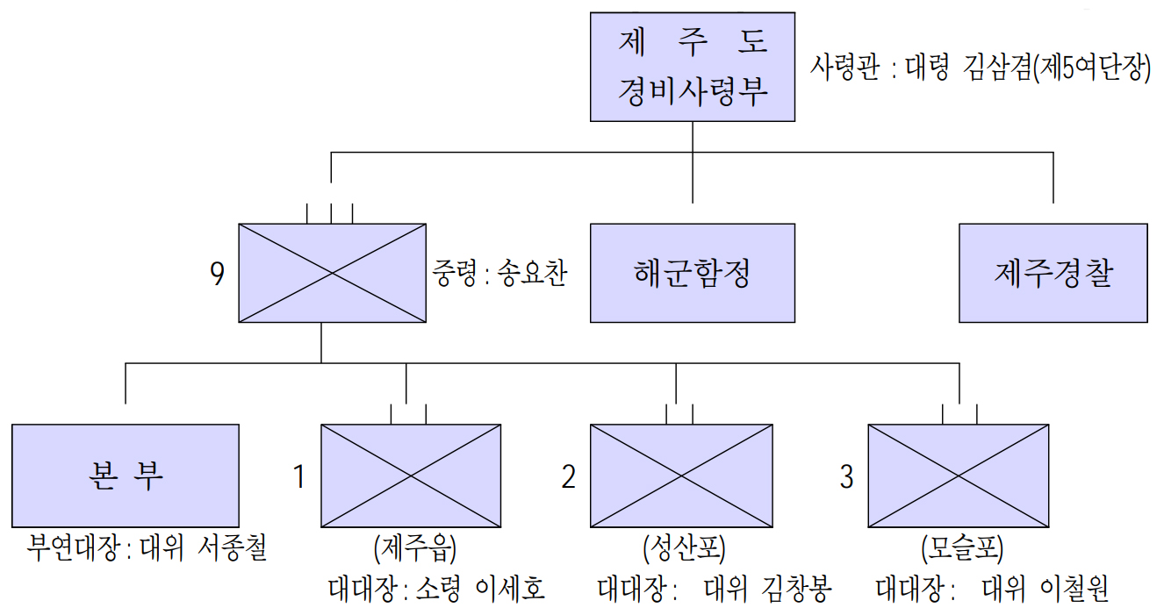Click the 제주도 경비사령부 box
[692, 67]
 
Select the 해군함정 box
[692, 273]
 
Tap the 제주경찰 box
[1053, 273]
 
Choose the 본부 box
[126, 475]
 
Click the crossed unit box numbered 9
[331, 273]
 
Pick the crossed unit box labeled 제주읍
[411, 476]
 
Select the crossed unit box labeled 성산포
[681, 476]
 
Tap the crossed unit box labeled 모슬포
[959, 476]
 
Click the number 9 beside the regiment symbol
[218, 275]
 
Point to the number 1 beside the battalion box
[298, 476]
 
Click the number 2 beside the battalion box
[569, 476]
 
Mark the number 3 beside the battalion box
[846, 476]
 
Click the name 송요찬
[532, 274]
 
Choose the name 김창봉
[796, 589]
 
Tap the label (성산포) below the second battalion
[682, 550]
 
